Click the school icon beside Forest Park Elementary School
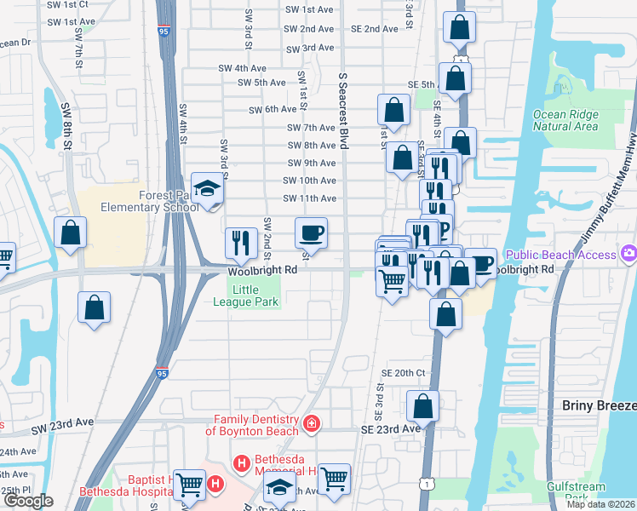pyautogui.click(x=207, y=189)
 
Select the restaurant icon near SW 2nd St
pyautogui.click(x=240, y=243)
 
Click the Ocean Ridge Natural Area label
pyautogui.click(x=565, y=120)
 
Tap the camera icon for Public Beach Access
pyautogui.click(x=629, y=254)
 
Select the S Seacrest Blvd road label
pyautogui.click(x=344, y=112)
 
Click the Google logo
pyautogui.click(x=28, y=501)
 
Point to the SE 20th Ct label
pyautogui.click(x=403, y=373)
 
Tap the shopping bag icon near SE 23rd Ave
pyautogui.click(x=422, y=406)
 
